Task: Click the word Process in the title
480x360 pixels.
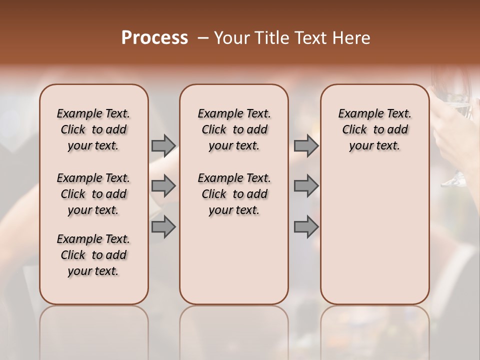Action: click(154, 38)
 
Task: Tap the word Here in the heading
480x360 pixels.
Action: click(352, 38)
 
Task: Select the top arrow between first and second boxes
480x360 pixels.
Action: click(163, 146)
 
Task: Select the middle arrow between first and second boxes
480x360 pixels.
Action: click(163, 186)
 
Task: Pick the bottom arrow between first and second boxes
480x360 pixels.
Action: click(163, 227)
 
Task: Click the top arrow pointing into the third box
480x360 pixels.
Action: click(306, 146)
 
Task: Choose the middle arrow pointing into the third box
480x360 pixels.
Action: click(306, 186)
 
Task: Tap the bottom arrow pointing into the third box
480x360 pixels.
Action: click(306, 227)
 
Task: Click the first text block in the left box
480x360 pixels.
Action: click(93, 129)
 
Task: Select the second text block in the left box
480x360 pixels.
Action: click(93, 194)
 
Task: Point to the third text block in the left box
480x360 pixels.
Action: click(93, 255)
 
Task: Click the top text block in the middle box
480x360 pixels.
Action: click(234, 129)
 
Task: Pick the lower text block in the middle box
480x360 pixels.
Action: click(234, 194)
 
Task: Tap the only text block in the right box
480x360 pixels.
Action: click(374, 129)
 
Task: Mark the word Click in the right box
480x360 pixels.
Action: click(354, 130)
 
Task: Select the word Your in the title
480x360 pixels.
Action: click(231, 38)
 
